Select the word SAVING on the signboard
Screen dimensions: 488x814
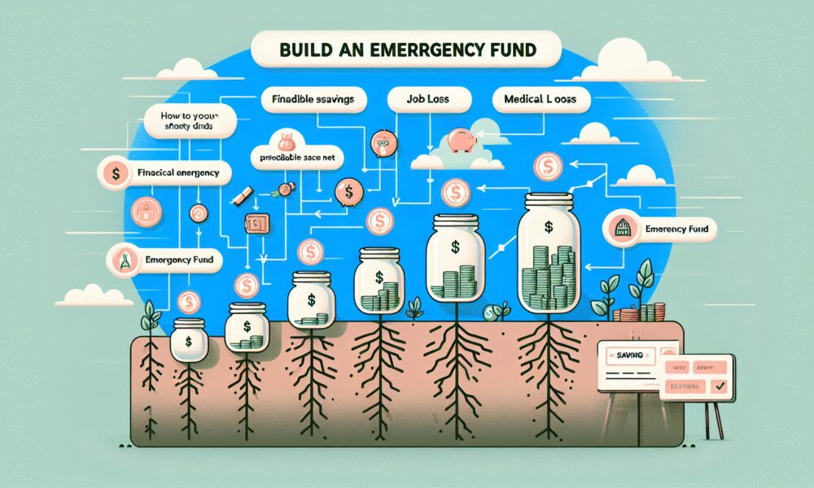click(x=625, y=355)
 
